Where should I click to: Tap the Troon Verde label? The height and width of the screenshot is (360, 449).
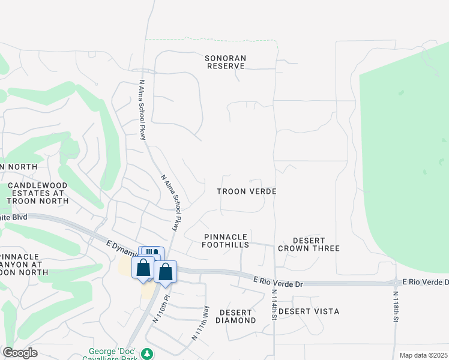coord(246,191)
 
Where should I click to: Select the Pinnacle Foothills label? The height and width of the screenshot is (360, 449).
coord(226,241)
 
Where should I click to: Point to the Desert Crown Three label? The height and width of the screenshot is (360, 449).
coord(309,244)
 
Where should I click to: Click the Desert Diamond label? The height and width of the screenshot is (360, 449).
coord(238,316)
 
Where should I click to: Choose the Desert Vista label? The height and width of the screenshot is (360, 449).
coord(309,311)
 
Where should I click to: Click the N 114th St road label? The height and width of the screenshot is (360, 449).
coord(274,305)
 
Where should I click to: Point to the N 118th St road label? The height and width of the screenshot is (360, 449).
coord(396,307)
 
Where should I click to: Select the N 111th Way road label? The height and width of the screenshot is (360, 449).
coord(200,323)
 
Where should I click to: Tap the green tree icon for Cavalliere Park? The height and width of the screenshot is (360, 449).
coord(147,354)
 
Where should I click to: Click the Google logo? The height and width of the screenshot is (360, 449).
coord(20,353)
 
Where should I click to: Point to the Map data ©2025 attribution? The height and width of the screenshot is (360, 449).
coord(423,355)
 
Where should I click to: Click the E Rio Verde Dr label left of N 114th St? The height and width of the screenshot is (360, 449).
coord(279,280)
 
